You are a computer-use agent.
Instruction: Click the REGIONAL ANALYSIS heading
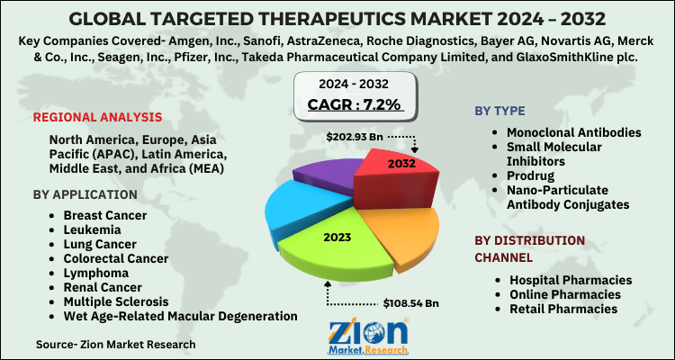(x=97, y=118)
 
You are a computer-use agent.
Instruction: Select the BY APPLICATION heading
(x=85, y=194)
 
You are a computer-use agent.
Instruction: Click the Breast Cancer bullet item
(x=106, y=217)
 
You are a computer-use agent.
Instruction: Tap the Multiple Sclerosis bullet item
(x=122, y=301)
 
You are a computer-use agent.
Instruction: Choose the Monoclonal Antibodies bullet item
(x=574, y=132)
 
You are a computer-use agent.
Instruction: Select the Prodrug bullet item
(x=532, y=175)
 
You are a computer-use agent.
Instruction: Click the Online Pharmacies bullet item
(x=564, y=294)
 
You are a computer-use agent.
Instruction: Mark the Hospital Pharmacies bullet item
(x=571, y=280)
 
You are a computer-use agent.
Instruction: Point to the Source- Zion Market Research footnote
(x=116, y=344)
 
